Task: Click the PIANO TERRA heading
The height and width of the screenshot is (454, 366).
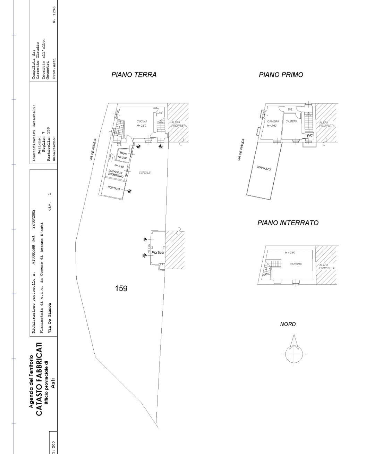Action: pyautogui.click(x=134, y=75)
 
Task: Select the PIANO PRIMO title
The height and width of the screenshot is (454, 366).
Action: pyautogui.click(x=281, y=75)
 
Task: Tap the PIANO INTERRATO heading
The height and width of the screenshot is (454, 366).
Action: pyautogui.click(x=288, y=223)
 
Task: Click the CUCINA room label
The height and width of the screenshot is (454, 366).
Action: pyautogui.click(x=142, y=121)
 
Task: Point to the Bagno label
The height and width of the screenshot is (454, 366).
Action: pyautogui.click(x=124, y=153)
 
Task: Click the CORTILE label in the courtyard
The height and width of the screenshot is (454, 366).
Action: pyautogui.click(x=145, y=173)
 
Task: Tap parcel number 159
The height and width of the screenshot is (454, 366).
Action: pyautogui.click(x=121, y=288)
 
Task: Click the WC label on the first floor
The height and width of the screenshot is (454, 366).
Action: pyautogui.click(x=309, y=135)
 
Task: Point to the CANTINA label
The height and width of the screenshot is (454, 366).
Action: pyautogui.click(x=296, y=264)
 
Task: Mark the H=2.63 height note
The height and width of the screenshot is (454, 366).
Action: pyautogui.click(x=272, y=125)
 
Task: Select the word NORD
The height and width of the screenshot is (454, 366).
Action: pyautogui.click(x=288, y=324)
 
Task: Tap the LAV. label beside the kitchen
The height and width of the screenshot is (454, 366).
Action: pyautogui.click(x=160, y=113)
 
